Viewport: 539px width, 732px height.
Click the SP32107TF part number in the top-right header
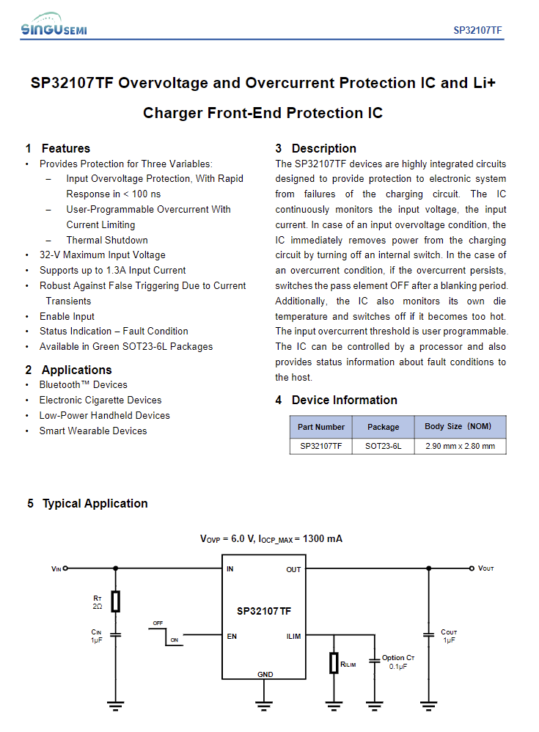point(477,30)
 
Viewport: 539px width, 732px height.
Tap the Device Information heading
point(344,400)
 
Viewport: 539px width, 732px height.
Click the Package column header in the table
point(383,427)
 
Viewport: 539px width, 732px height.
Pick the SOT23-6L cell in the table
point(383,446)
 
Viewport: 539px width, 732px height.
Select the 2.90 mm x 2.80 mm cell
point(459,446)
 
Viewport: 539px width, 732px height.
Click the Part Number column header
point(320,427)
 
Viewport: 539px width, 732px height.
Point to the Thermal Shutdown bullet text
point(107,240)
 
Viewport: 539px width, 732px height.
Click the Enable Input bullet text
point(67,316)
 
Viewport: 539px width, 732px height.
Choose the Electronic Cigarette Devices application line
point(100,400)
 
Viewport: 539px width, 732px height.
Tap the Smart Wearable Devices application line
point(93,431)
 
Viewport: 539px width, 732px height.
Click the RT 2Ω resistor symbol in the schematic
point(115,601)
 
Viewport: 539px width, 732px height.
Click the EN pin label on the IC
point(232,636)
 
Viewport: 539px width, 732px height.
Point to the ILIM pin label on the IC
point(293,636)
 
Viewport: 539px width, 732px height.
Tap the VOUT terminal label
point(485,568)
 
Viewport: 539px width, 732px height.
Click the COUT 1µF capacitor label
point(449,636)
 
